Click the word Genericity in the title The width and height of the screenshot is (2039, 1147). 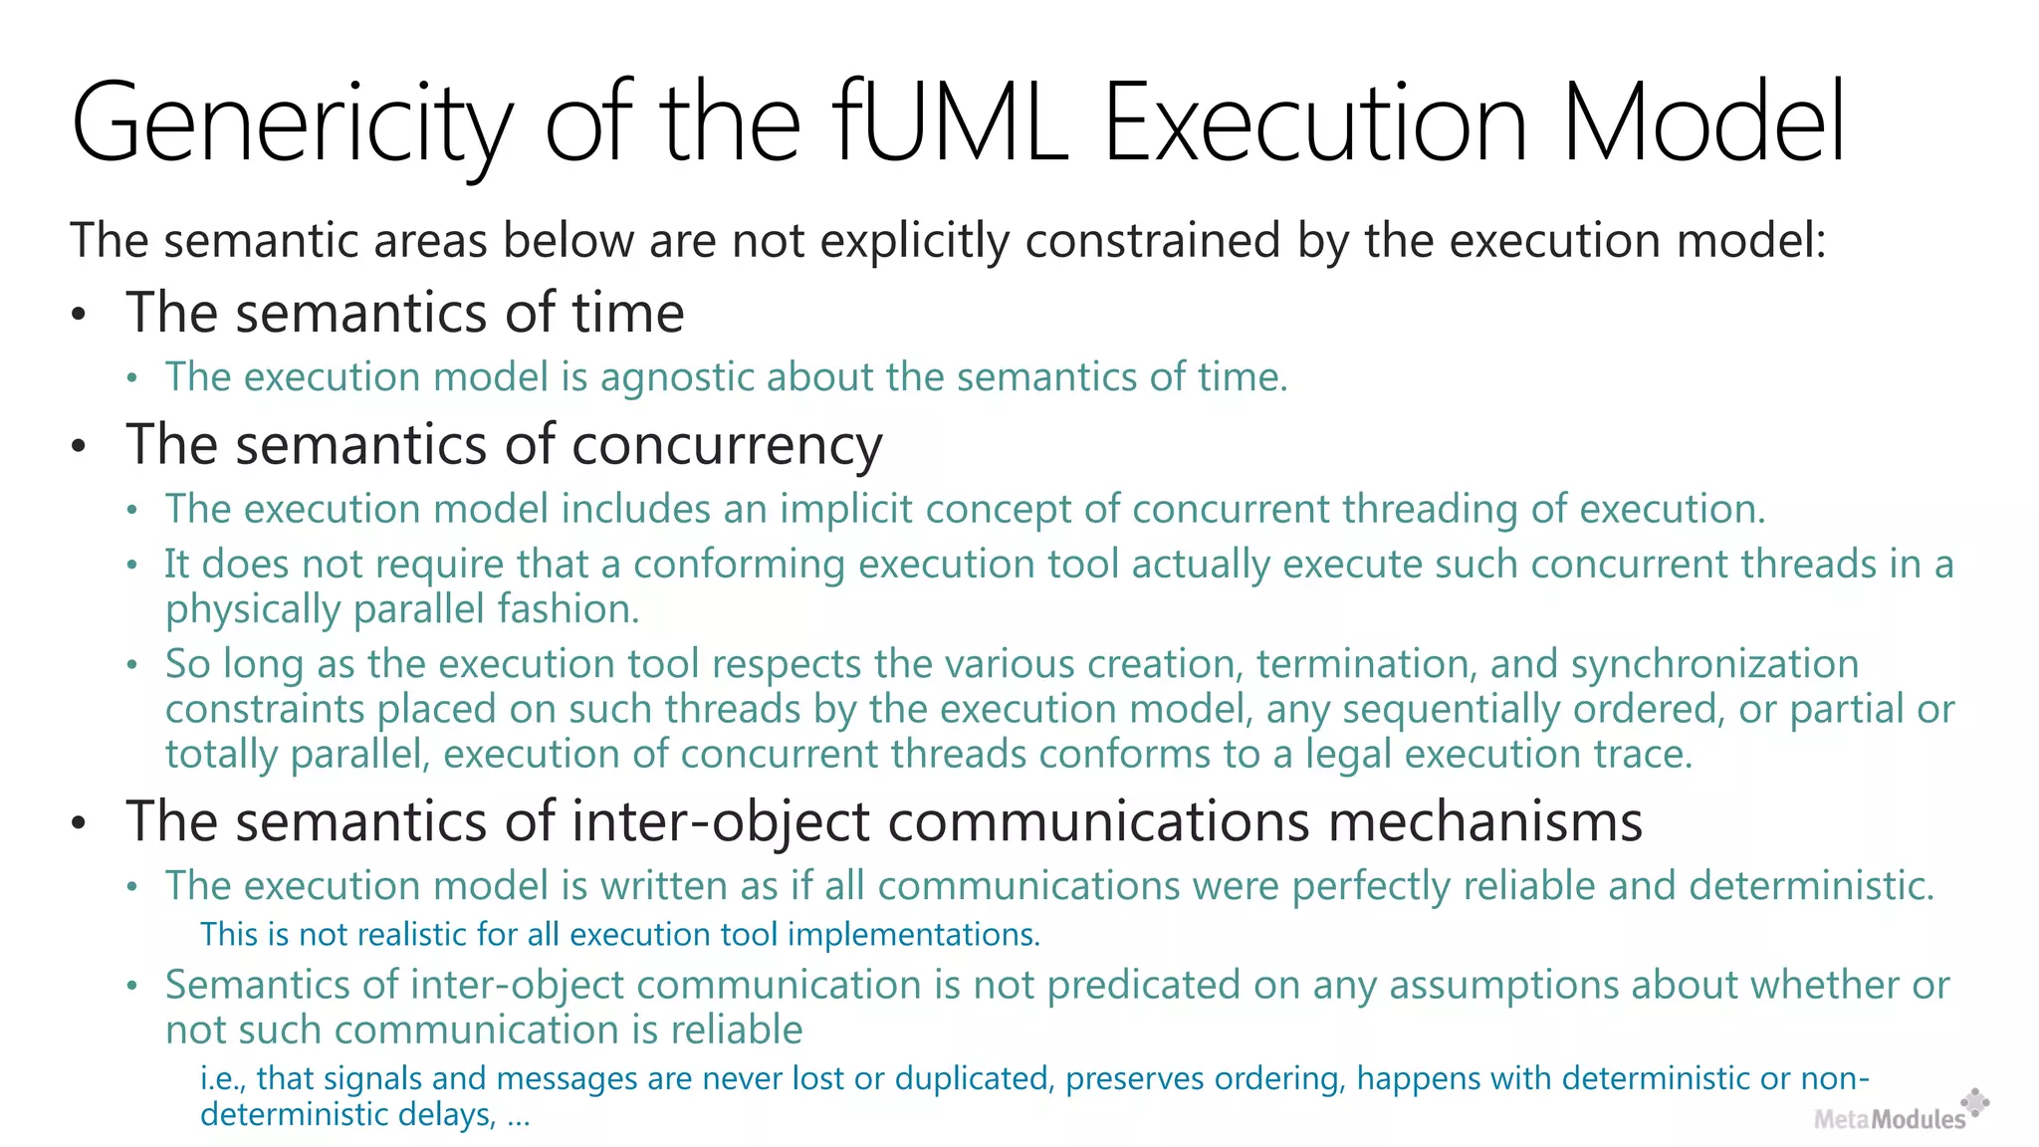pyautogui.click(x=292, y=124)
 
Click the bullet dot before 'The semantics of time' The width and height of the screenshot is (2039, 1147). pyautogui.click(x=80, y=315)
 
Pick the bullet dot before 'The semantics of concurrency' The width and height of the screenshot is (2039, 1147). pyautogui.click(x=80, y=446)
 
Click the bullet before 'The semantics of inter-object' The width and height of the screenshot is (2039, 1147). pyautogui.click(x=80, y=824)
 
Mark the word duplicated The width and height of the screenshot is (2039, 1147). pyautogui.click(x=971, y=1078)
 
